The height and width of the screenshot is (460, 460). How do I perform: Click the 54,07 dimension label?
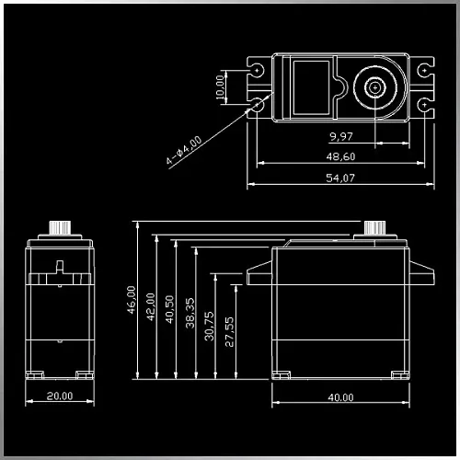tap(340, 178)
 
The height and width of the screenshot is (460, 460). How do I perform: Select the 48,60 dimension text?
tap(340, 156)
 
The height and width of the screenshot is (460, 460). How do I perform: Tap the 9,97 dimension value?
tap(341, 136)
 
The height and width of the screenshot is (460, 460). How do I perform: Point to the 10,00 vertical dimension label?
tap(220, 87)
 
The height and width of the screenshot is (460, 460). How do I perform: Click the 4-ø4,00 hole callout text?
tap(184, 150)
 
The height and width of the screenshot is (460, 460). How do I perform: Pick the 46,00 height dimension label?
tap(132, 300)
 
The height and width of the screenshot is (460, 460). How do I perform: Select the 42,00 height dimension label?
tap(151, 307)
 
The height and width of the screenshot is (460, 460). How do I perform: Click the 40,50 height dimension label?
tap(169, 309)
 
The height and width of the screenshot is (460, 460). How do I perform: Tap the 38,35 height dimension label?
tap(190, 313)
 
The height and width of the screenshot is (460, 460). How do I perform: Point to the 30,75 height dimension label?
tap(209, 327)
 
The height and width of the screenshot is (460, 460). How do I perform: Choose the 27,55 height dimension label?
tap(229, 332)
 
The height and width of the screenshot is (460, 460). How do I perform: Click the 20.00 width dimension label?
tap(60, 396)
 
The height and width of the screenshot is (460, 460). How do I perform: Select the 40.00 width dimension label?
tap(340, 397)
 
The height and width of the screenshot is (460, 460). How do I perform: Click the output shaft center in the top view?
tap(375, 87)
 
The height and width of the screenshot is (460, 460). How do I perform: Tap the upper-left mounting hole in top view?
tap(257, 71)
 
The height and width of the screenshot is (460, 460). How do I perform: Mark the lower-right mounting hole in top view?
tap(424, 105)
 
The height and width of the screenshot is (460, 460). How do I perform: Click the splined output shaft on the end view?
tap(60, 228)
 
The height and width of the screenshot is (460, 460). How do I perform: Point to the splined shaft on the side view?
tap(374, 227)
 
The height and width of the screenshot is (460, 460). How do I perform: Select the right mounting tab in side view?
tap(422, 272)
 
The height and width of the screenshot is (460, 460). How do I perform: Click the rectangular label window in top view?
tap(311, 87)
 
